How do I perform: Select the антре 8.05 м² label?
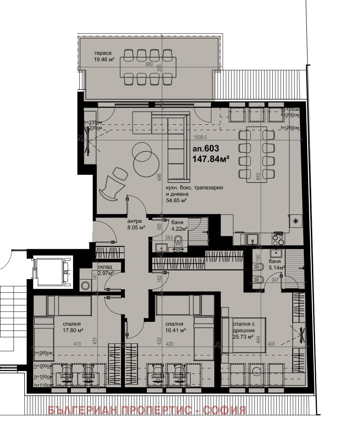[136, 224]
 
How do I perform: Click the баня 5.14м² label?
[275, 265]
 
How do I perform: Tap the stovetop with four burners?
[278, 239]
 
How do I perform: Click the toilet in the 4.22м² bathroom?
[179, 240]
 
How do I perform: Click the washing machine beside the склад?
[86, 285]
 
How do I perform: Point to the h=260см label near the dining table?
[290, 128]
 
